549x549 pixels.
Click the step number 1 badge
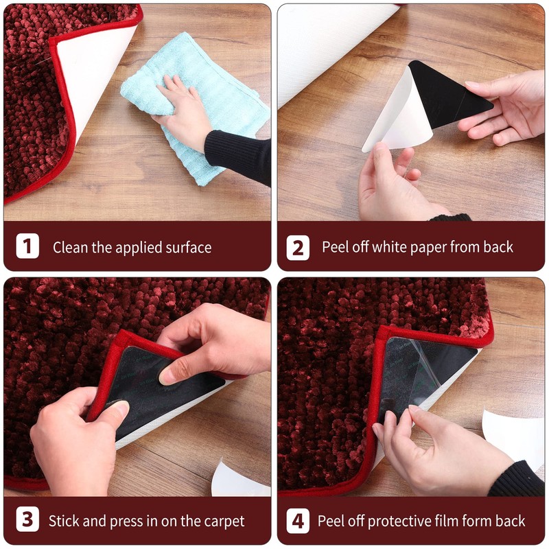[x=27, y=246]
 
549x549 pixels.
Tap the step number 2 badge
[x=298, y=248]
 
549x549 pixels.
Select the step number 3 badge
[x=27, y=519]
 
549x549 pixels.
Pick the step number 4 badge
[x=298, y=521]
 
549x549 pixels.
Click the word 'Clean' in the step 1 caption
[x=71, y=247]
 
